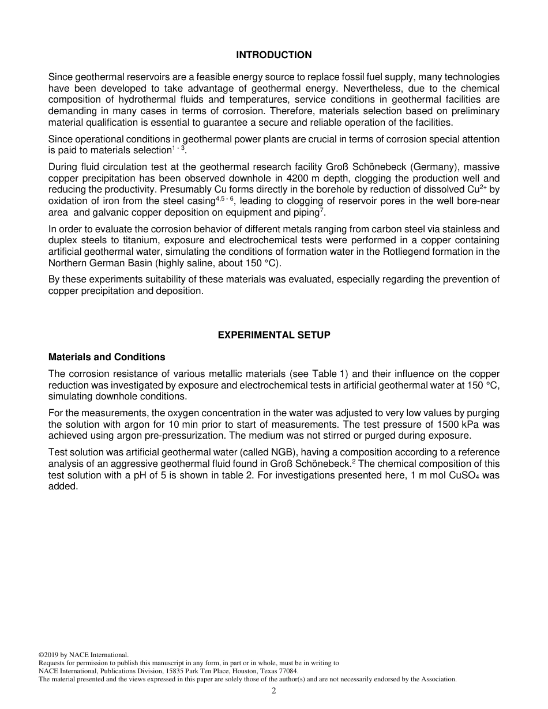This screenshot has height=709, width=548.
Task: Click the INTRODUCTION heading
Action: [273, 55]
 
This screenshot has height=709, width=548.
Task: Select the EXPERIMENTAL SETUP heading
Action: [273, 335]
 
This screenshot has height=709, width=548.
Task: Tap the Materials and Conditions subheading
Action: [107, 357]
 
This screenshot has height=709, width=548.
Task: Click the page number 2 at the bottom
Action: [274, 691]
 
